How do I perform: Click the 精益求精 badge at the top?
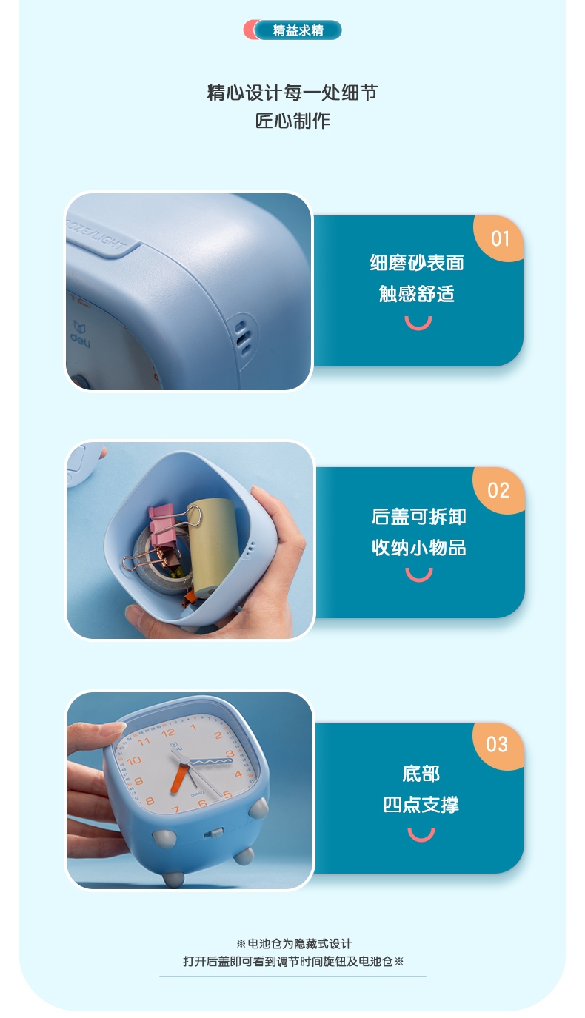(292, 30)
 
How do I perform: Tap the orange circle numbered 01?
(500, 238)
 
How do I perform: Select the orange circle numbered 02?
(499, 491)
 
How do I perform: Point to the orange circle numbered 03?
(498, 744)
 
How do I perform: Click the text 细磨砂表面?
(417, 263)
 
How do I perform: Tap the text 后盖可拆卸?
(418, 517)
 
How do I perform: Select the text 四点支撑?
(421, 805)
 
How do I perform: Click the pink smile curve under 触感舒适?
(418, 324)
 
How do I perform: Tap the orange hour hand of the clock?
(179, 777)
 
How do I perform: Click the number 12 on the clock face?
(168, 732)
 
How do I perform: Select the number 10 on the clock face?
(133, 760)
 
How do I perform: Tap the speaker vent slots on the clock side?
(244, 337)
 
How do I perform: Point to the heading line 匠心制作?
(292, 121)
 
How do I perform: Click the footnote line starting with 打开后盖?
(293, 961)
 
